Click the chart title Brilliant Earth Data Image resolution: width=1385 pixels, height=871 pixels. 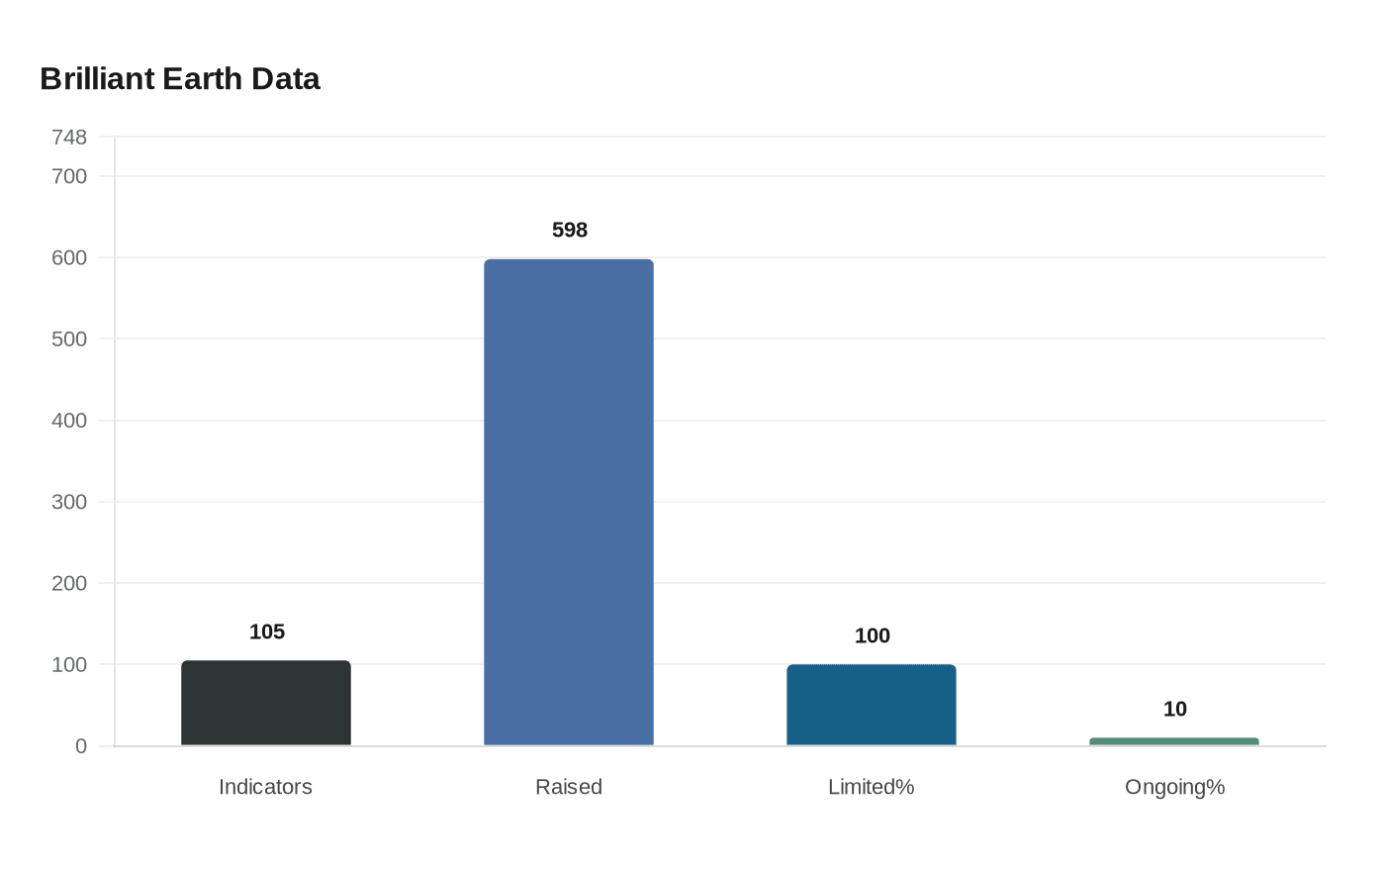point(180,79)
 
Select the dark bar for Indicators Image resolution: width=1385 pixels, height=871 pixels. point(266,703)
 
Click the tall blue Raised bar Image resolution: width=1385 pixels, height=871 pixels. point(569,502)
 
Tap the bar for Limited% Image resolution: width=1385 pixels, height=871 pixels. point(872,705)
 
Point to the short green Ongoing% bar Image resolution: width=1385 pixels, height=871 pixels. point(1174,741)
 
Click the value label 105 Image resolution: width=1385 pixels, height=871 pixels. point(267,631)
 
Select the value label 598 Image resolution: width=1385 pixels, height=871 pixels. point(570,230)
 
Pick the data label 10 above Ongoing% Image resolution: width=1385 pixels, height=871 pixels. point(1175,709)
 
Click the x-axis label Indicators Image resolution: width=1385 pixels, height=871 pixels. point(265,787)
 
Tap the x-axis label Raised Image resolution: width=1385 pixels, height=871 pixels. point(569,787)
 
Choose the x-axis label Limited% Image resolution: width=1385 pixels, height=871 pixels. point(872,787)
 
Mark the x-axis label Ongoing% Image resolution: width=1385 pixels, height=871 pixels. point(1174,787)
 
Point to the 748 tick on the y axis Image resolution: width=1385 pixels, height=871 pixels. point(69,137)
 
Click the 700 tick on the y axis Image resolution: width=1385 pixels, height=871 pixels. point(69,176)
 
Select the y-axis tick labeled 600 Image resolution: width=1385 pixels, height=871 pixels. point(69,257)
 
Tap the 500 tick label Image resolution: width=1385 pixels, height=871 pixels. point(69,339)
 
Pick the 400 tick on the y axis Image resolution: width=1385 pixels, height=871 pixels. point(69,421)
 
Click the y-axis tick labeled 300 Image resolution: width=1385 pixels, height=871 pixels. point(69,502)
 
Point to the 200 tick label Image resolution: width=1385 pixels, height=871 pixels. point(69,583)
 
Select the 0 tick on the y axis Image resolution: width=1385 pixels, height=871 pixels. point(81,746)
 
